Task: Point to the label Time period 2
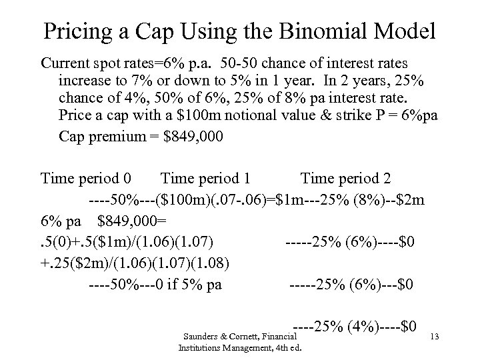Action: click(x=346, y=179)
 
